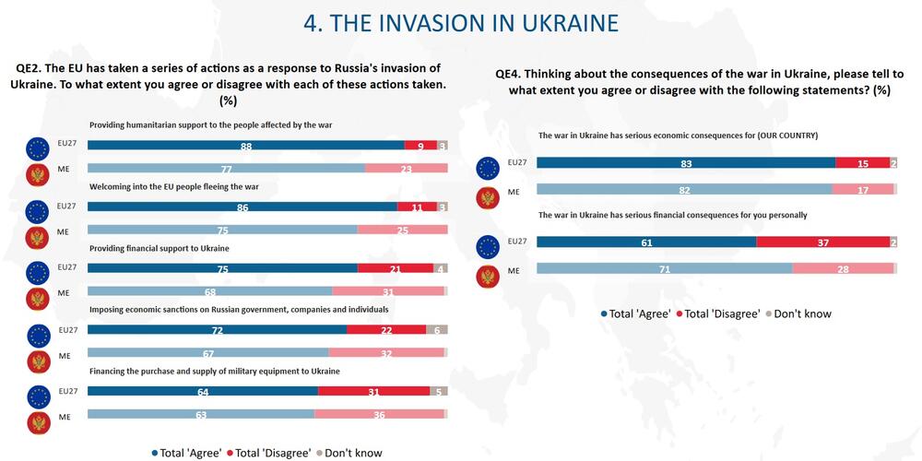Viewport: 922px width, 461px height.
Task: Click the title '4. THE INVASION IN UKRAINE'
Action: pyautogui.click(x=461, y=22)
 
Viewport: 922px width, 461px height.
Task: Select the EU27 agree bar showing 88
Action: pyautogui.click(x=246, y=146)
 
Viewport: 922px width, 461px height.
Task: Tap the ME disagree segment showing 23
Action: pyautogui.click(x=406, y=169)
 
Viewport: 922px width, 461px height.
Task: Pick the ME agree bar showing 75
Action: pyautogui.click(x=222, y=230)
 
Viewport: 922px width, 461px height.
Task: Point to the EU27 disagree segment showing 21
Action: pyautogui.click(x=395, y=268)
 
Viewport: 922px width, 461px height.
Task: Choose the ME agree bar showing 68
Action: pyautogui.click(x=210, y=291)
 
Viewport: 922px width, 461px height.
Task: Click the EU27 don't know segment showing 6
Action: pyautogui.click(x=436, y=329)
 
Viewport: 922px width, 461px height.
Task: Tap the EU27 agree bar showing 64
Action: pyautogui.click(x=203, y=392)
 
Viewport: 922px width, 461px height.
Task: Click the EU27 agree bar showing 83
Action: pyautogui.click(x=686, y=163)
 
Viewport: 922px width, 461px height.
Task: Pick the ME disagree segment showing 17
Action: pyautogui.click(x=862, y=189)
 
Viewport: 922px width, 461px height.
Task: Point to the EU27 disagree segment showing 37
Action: pyautogui.click(x=822, y=242)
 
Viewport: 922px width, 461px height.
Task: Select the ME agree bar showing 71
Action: pyautogui.click(x=664, y=268)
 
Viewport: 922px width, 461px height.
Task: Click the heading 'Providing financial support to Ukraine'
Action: pyautogui.click(x=159, y=249)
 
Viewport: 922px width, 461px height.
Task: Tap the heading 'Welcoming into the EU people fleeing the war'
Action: pyautogui.click(x=174, y=186)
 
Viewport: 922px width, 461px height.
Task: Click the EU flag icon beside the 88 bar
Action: pyautogui.click(x=39, y=148)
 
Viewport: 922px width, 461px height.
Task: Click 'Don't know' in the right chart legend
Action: pyautogui.click(x=801, y=313)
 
